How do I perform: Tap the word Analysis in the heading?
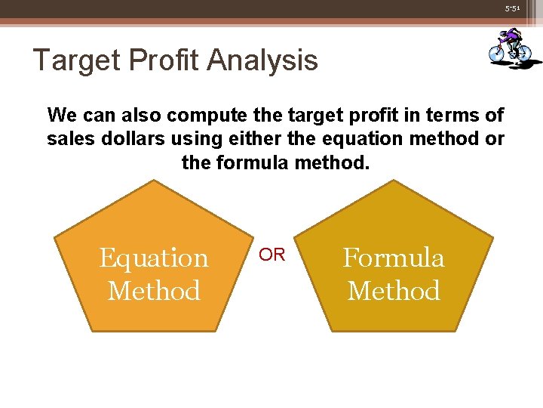[268, 60]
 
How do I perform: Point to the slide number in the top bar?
[513, 8]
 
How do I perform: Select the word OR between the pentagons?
[272, 255]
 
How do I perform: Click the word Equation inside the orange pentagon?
[154, 258]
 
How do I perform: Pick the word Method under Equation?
[154, 291]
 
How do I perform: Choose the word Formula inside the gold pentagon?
[394, 258]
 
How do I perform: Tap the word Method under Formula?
[394, 291]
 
